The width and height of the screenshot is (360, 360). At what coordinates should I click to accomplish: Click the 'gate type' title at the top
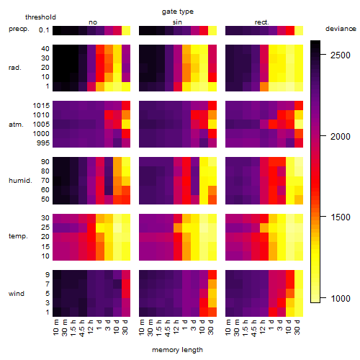click(x=178, y=12)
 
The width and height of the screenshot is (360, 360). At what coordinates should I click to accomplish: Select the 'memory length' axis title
click(x=177, y=350)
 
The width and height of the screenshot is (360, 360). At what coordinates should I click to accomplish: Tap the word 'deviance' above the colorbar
click(x=341, y=29)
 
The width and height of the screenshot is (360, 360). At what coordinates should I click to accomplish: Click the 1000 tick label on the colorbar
click(x=341, y=299)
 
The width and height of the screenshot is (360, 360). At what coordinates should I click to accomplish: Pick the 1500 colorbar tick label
click(x=341, y=217)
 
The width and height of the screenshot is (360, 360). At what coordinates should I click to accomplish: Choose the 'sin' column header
click(x=177, y=22)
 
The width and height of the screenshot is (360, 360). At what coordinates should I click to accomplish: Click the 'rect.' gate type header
click(x=261, y=22)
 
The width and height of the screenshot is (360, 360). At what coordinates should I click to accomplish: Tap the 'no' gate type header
click(x=93, y=22)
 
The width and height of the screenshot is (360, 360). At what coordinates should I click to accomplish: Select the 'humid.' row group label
click(x=20, y=181)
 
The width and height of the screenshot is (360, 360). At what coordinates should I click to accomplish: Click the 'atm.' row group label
click(x=16, y=125)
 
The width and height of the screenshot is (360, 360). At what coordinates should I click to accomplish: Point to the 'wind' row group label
click(x=17, y=294)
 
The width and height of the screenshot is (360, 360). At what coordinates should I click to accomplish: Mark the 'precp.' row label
click(x=19, y=29)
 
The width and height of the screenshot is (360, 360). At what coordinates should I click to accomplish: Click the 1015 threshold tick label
click(x=41, y=106)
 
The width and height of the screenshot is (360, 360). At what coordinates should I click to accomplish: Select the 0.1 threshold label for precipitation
click(x=44, y=30)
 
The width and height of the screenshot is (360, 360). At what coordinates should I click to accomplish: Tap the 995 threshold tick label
click(x=43, y=143)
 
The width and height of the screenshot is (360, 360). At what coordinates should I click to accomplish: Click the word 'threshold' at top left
click(x=40, y=17)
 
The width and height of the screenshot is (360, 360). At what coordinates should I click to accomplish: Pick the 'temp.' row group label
click(x=18, y=236)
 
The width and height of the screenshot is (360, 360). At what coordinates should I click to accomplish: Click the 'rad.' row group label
click(x=15, y=68)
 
